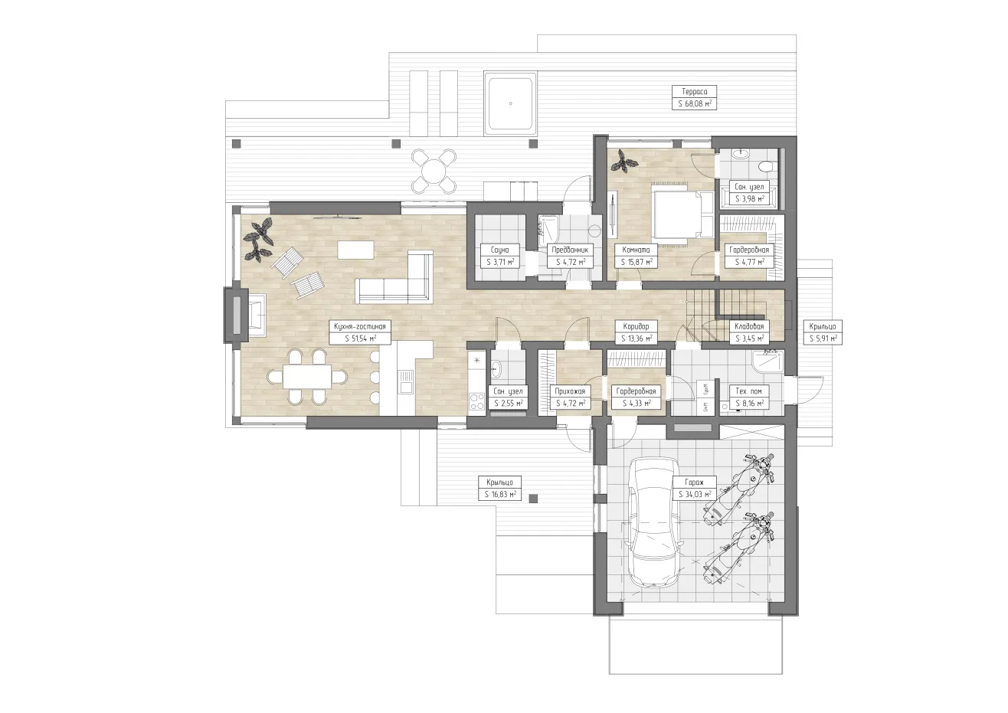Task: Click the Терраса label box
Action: pyautogui.click(x=695, y=97)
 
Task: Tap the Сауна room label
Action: pyautogui.click(x=500, y=256)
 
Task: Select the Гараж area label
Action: pyautogui.click(x=695, y=488)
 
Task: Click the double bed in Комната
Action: pyautogui.click(x=682, y=214)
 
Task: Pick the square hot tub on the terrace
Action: pyautogui.click(x=510, y=104)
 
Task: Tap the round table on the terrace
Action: pyautogui.click(x=434, y=172)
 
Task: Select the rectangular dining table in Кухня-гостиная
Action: pyautogui.click(x=307, y=376)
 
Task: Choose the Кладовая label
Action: pyautogui.click(x=749, y=332)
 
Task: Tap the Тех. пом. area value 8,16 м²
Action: pyautogui.click(x=749, y=404)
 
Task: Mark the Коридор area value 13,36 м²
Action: pyautogui.click(x=637, y=339)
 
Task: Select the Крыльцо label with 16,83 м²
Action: pyautogui.click(x=499, y=488)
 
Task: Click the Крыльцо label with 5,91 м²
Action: pyautogui.click(x=823, y=332)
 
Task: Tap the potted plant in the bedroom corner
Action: pyautogui.click(x=623, y=161)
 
